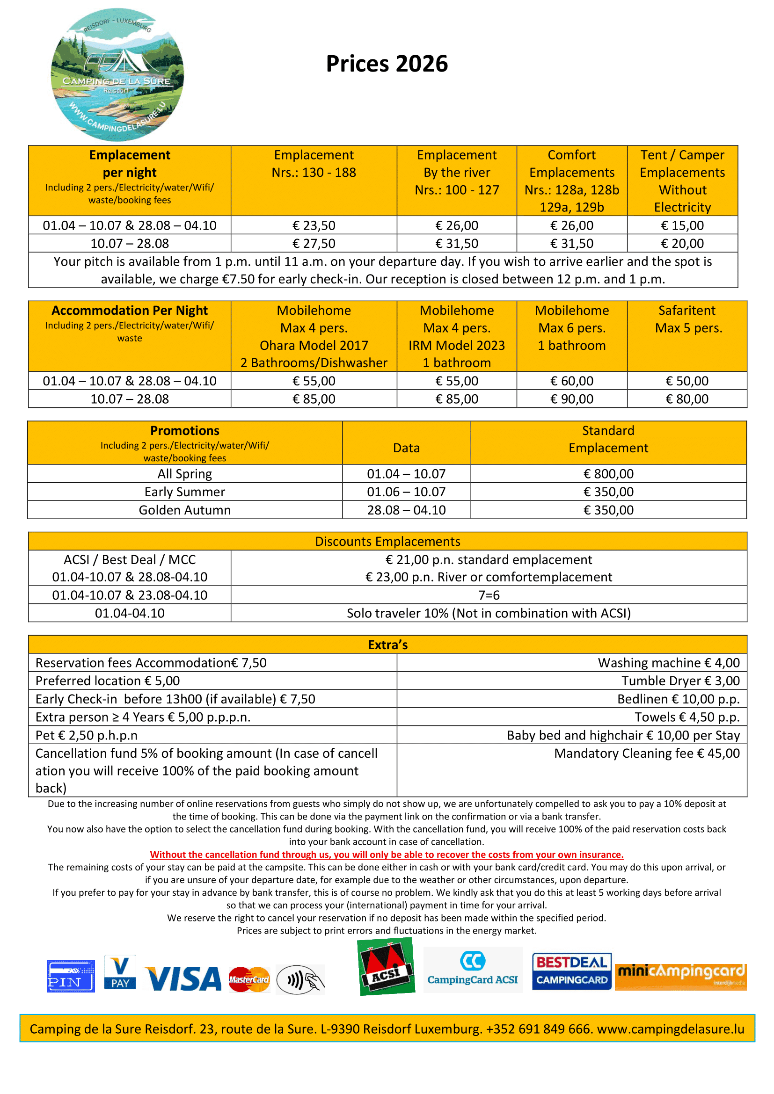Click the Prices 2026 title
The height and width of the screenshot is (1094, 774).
tap(387, 64)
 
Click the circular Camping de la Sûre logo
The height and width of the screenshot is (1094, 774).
tap(117, 75)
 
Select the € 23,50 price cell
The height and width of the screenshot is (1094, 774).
tap(314, 225)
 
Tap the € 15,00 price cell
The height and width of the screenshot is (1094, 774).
tap(682, 225)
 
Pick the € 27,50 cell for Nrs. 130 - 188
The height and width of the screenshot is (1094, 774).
tap(314, 244)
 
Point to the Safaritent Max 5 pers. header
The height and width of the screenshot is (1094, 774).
tap(687, 319)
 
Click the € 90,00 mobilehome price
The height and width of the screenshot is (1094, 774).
tap(571, 399)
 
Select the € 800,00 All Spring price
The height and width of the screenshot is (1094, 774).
tap(608, 474)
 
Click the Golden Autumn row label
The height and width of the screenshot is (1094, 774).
tap(185, 510)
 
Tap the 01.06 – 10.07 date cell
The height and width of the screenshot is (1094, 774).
tap(406, 492)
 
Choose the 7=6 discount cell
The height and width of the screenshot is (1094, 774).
tap(489, 595)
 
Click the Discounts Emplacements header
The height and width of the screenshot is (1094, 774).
tap(387, 541)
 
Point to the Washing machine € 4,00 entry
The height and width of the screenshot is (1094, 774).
tap(668, 663)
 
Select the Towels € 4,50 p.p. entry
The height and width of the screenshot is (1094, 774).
tap(687, 717)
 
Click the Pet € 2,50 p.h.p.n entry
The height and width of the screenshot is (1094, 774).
tap(86, 735)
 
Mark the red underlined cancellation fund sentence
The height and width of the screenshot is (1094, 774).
tap(387, 855)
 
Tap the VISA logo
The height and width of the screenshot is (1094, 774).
tap(183, 978)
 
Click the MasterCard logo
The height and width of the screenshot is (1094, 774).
tap(249, 980)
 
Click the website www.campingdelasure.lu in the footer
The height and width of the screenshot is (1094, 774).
tap(670, 1029)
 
